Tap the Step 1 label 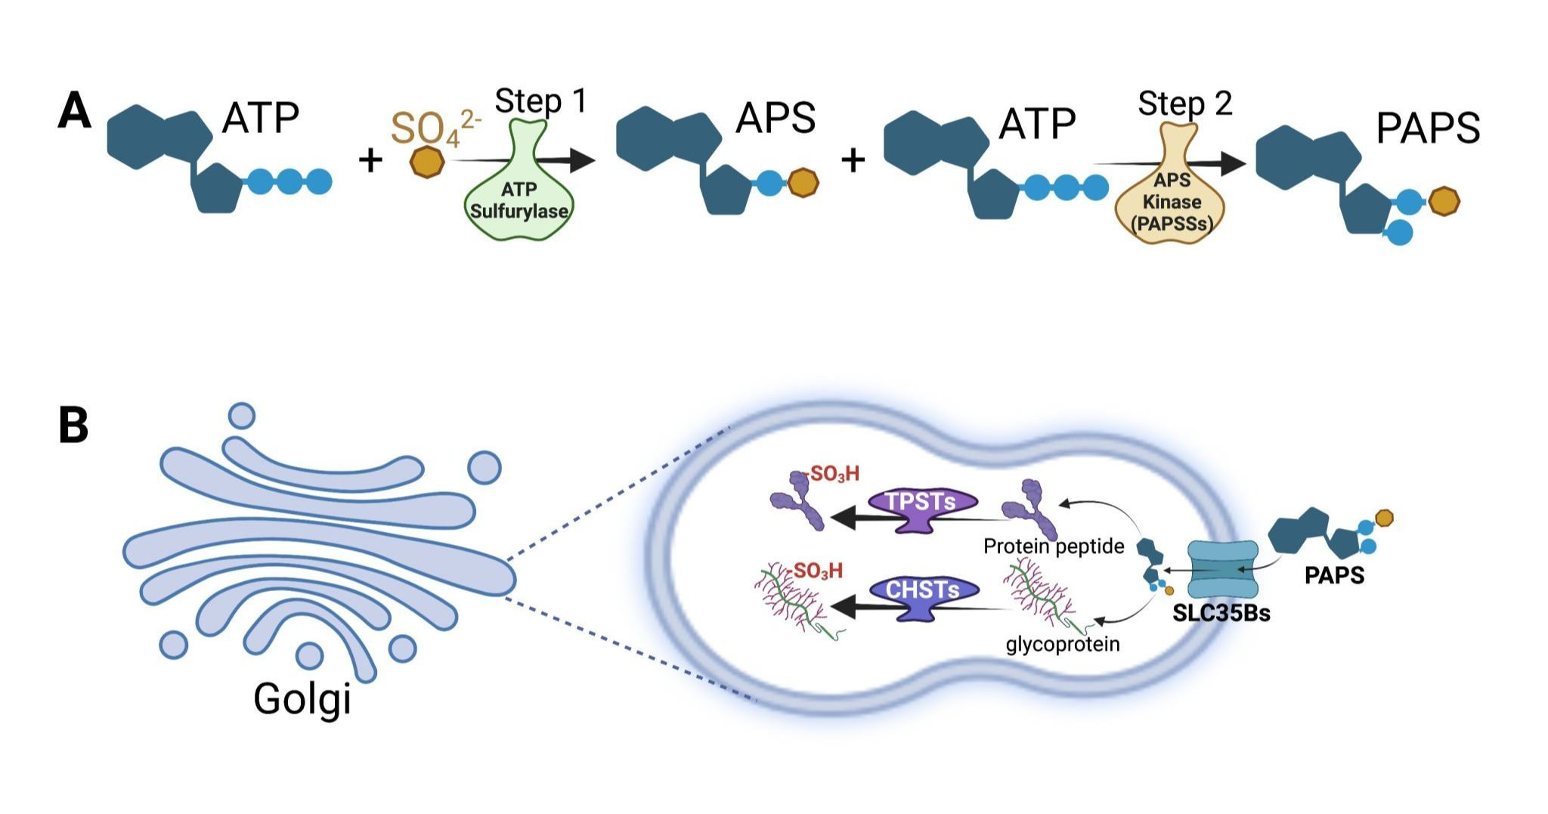click(541, 101)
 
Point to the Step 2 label click(1184, 104)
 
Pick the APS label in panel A click(776, 118)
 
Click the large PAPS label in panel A click(1428, 128)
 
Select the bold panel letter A click(74, 113)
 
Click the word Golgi click(302, 698)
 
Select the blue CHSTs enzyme click(923, 594)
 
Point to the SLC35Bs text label click(1221, 613)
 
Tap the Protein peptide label click(1054, 546)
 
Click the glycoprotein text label click(1063, 644)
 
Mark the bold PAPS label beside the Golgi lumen click(1334, 576)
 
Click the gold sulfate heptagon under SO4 click(427, 162)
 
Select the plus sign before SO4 click(370, 160)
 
